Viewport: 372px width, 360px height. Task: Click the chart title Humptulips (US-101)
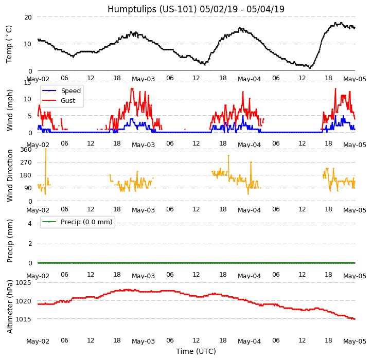pos(196,9)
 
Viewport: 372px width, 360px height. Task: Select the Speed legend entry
pos(70,91)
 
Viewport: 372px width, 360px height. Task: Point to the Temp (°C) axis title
pos(9,44)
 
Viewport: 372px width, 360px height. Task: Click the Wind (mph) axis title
pos(10,110)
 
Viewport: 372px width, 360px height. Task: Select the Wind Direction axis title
pos(10,175)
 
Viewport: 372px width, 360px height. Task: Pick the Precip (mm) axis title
pos(10,241)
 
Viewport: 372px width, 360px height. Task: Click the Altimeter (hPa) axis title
pos(10,307)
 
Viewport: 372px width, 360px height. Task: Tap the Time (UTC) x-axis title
pos(196,351)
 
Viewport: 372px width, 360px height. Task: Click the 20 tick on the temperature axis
pos(27,17)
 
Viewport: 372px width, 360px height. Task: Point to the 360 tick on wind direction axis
pos(25,150)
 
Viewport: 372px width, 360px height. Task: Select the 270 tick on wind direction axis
pos(25,163)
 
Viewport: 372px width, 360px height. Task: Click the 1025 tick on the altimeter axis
pos(23,283)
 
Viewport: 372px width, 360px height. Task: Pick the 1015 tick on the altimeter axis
pos(23,319)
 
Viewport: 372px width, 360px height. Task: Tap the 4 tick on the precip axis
pos(29,223)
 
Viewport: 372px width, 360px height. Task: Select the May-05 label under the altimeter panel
pos(355,341)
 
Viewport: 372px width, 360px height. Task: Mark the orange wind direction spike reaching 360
pos(46,151)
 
